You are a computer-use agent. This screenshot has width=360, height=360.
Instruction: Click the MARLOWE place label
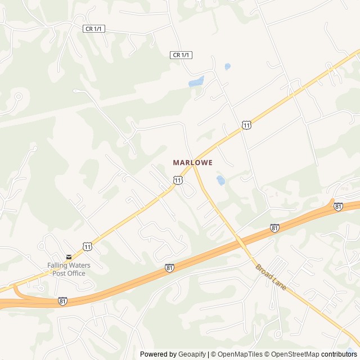(192, 162)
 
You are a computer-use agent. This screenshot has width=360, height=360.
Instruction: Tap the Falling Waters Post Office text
(69, 269)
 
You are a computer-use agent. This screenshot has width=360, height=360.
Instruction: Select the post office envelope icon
(69, 257)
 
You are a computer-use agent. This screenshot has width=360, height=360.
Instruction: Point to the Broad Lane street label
(271, 277)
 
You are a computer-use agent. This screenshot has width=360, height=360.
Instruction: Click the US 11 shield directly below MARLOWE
(178, 180)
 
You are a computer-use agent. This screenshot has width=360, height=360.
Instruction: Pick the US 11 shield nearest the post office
(87, 246)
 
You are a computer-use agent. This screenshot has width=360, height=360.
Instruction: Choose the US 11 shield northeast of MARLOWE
(246, 125)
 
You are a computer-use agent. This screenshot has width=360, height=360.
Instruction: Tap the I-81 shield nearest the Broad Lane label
(274, 228)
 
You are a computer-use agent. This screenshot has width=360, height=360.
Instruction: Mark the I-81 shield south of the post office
(62, 301)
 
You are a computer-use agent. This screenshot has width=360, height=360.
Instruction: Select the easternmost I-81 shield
(338, 206)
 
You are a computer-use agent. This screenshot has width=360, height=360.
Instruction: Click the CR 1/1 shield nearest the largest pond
(181, 55)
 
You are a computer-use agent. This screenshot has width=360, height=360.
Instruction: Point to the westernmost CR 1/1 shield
(94, 29)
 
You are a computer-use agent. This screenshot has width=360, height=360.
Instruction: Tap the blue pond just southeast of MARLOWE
(220, 180)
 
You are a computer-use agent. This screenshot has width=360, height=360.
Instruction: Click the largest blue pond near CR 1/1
(196, 82)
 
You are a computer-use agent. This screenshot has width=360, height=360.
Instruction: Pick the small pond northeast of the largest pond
(227, 66)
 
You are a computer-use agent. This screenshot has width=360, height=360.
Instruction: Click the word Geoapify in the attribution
(192, 354)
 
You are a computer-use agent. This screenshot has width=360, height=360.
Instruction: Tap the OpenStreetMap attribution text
(292, 354)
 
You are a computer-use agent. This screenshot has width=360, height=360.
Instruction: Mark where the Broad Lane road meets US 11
(193, 165)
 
